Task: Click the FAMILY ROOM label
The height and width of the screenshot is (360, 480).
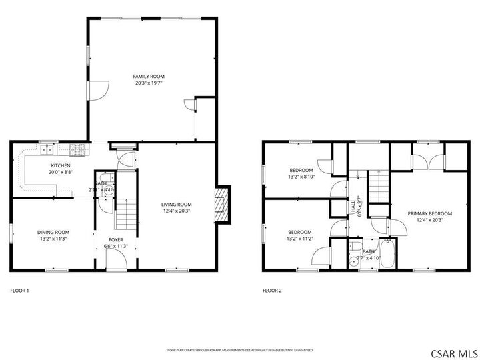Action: pyautogui.click(x=149, y=77)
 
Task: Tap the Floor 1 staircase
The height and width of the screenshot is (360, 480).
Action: pyautogui.click(x=125, y=213)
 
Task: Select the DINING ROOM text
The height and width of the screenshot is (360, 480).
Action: pyautogui.click(x=53, y=232)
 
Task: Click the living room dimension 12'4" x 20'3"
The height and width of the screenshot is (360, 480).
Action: pyautogui.click(x=176, y=211)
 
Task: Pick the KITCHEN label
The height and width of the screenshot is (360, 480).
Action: pyautogui.click(x=61, y=165)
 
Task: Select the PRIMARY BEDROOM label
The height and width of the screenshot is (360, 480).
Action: pyautogui.click(x=429, y=213)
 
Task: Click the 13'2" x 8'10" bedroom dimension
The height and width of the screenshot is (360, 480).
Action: pyautogui.click(x=300, y=177)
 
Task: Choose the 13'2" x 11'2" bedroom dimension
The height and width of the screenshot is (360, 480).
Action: pyautogui.click(x=300, y=238)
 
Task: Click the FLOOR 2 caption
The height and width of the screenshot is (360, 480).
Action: pyautogui.click(x=271, y=290)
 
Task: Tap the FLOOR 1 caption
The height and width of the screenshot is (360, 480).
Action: pyautogui.click(x=19, y=290)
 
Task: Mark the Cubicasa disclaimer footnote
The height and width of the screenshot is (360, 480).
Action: pyautogui.click(x=239, y=349)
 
